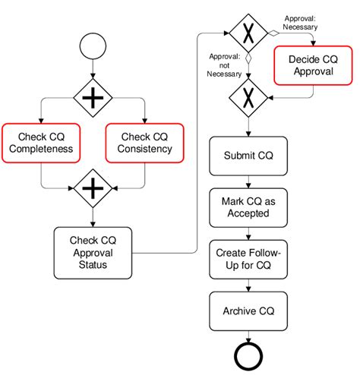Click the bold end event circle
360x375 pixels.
[x=248, y=355]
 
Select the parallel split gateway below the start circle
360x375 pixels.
[x=92, y=96]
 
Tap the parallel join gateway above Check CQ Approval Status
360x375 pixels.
[x=92, y=187]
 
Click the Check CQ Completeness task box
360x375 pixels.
[x=41, y=142]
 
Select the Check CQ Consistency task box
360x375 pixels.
[x=144, y=142]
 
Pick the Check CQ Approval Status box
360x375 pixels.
[x=92, y=253]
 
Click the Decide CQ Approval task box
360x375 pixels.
[x=312, y=66]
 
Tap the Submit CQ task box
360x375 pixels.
[x=248, y=156]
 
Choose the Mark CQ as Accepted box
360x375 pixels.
[x=248, y=207]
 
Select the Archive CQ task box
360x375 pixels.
[x=248, y=310]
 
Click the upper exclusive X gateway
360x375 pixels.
[x=248, y=33]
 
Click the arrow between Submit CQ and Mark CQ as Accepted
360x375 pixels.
[x=248, y=181]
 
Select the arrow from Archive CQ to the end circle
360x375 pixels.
[x=248, y=335]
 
